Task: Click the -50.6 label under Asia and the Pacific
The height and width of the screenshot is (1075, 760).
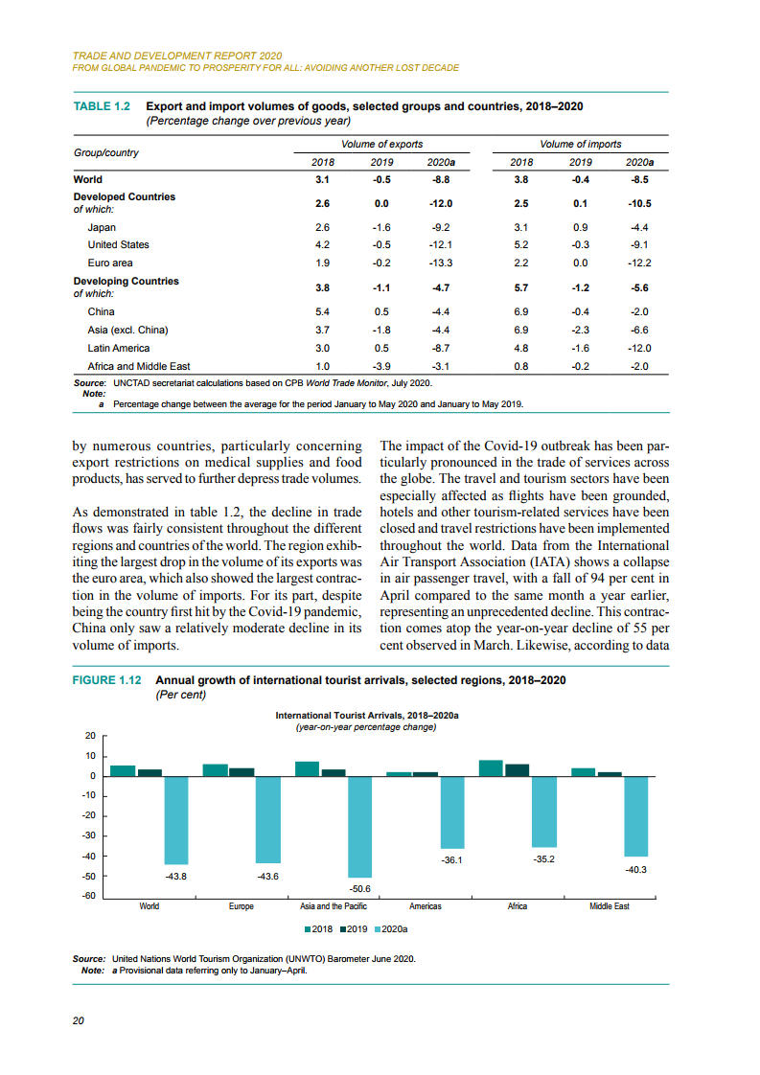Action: click(359, 887)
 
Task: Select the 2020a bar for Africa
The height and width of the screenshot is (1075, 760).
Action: click(543, 812)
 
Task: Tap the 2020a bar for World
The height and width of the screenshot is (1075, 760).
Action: click(175, 820)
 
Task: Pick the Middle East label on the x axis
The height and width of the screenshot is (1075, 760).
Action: click(609, 906)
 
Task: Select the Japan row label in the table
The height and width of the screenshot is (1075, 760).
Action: click(102, 227)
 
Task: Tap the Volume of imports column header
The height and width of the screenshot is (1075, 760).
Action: click(580, 144)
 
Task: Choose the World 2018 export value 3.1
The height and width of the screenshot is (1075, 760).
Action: click(322, 179)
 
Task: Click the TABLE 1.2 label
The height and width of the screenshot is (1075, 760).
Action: click(102, 106)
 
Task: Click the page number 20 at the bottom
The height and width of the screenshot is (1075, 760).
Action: click(79, 1020)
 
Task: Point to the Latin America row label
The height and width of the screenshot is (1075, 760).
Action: click(118, 348)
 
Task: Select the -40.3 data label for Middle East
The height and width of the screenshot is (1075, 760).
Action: click(635, 869)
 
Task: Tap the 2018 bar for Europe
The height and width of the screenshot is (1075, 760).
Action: click(215, 770)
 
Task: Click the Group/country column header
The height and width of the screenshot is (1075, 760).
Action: click(106, 153)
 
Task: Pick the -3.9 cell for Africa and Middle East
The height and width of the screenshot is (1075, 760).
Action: click(381, 366)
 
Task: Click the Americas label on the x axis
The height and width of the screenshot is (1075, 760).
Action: click(425, 906)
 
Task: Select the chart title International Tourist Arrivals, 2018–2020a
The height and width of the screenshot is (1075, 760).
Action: click(366, 715)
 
